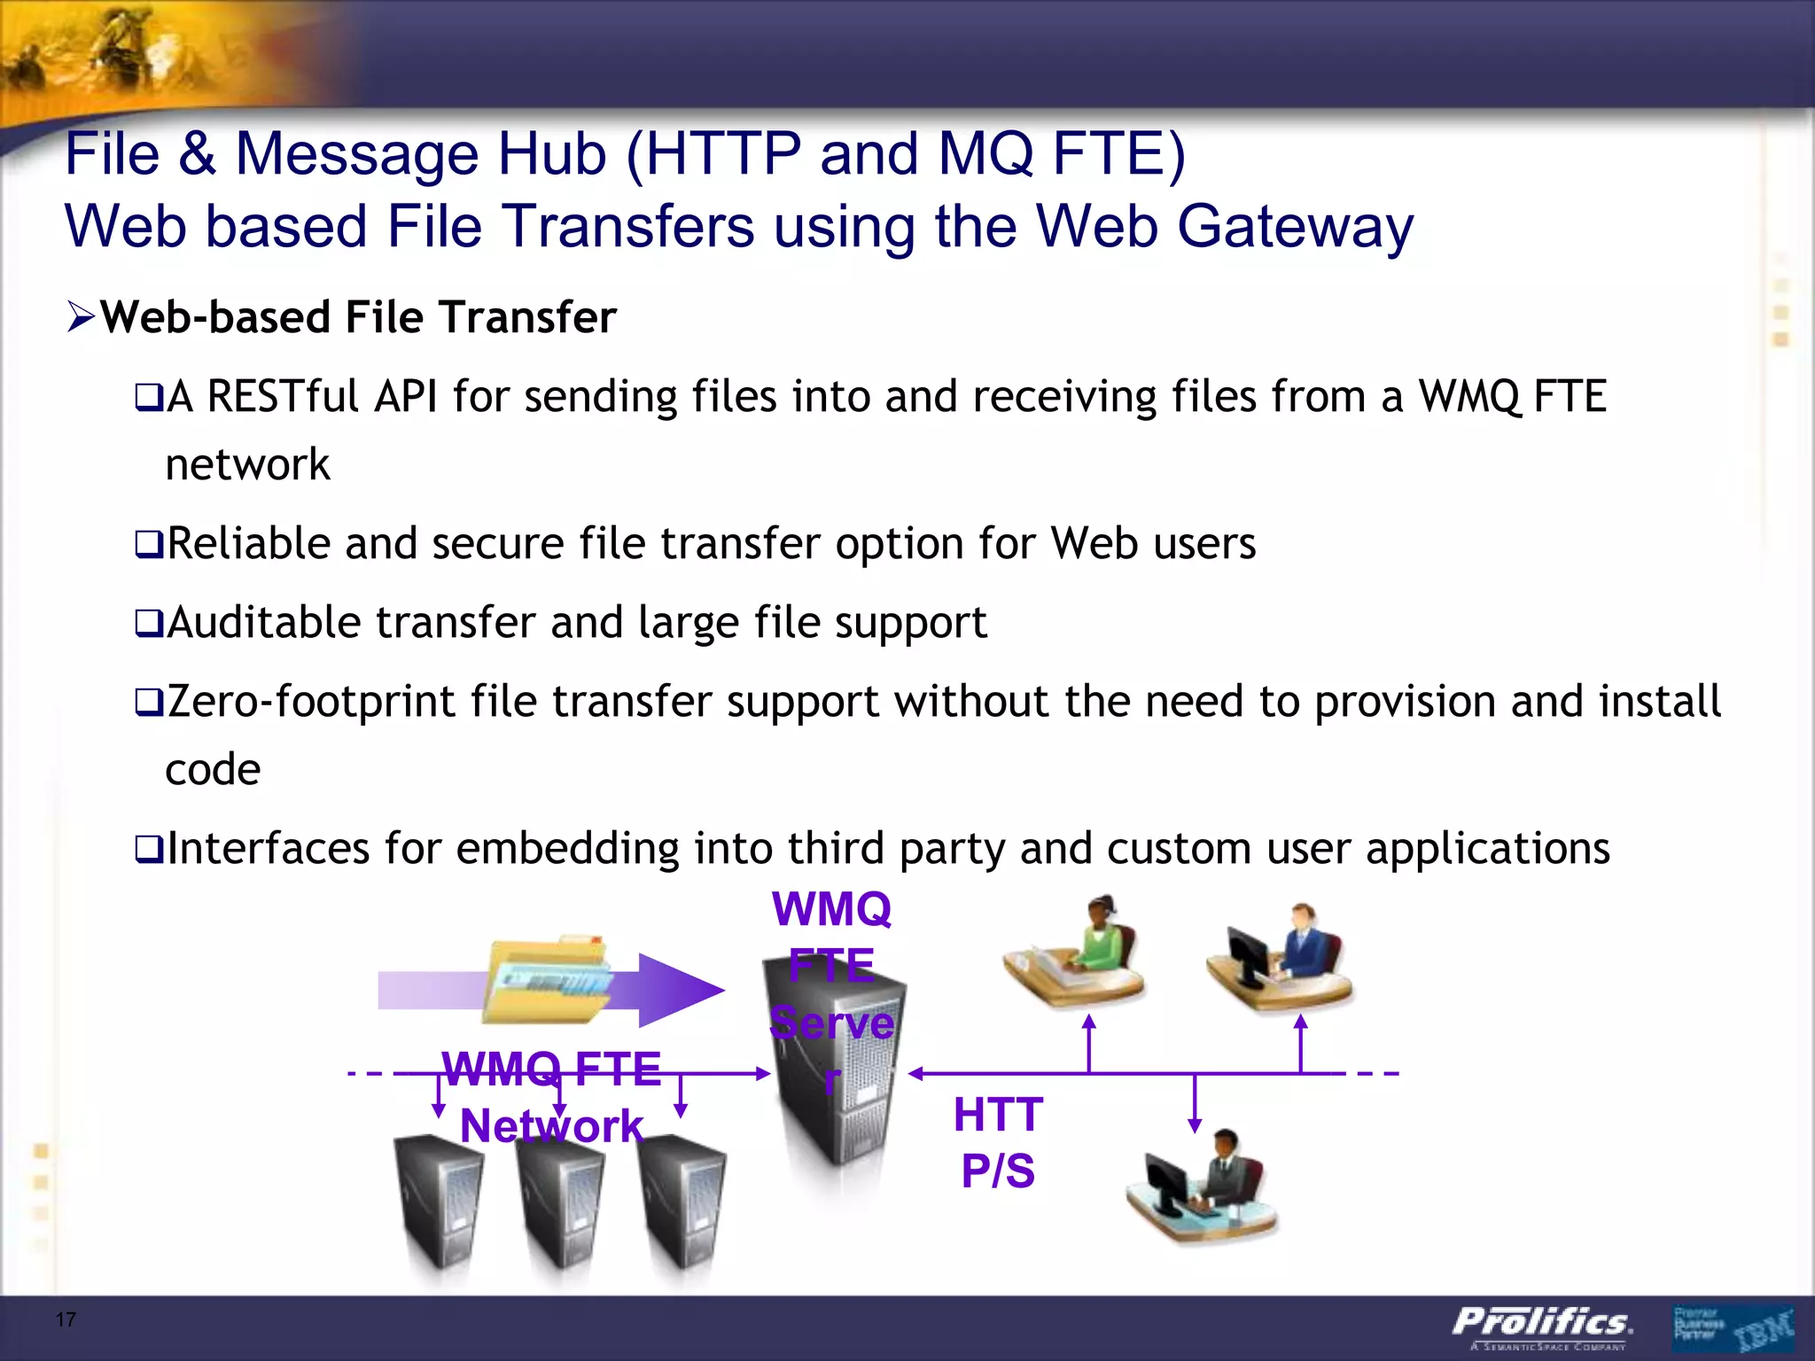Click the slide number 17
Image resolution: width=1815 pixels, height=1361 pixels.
point(66,1319)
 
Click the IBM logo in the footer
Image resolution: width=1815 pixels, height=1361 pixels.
point(1763,1329)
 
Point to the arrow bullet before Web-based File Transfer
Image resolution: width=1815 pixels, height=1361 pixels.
point(81,317)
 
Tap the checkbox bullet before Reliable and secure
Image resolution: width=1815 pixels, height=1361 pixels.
point(148,544)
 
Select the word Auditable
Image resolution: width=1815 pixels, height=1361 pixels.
point(263,622)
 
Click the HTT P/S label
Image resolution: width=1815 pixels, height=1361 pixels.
point(998,1142)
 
